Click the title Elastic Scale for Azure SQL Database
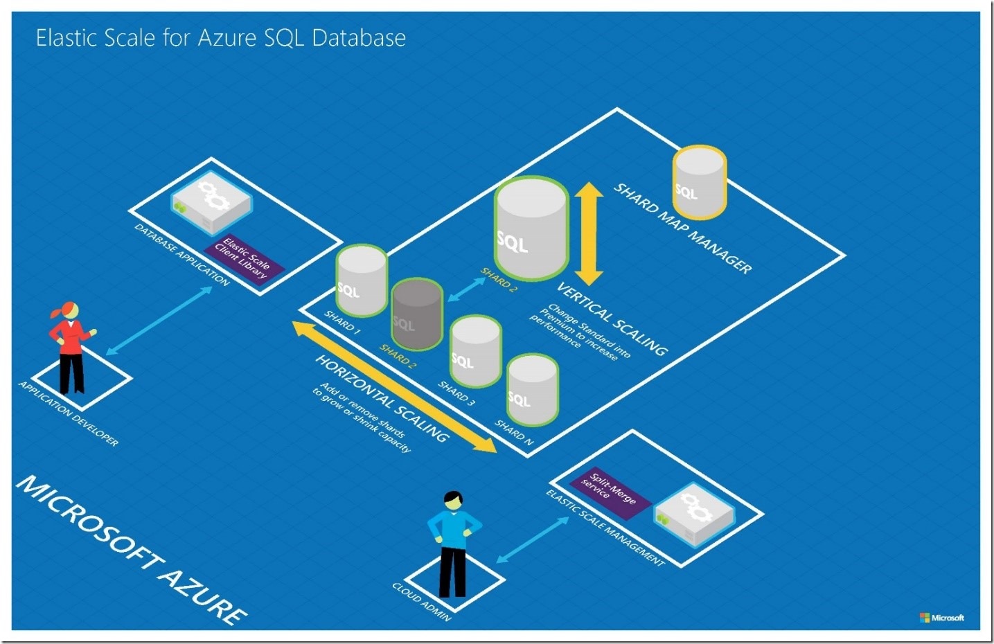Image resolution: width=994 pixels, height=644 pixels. pos(220,37)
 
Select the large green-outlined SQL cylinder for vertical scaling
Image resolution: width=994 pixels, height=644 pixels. pos(531,229)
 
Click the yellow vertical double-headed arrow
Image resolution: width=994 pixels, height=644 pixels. pos(589,233)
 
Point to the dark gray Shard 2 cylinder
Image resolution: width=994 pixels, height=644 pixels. pos(416,315)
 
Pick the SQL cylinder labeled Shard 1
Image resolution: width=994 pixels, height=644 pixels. pos(361,280)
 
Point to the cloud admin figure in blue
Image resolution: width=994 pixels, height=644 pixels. pos(453,544)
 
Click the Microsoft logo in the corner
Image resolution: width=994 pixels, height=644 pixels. pos(941,617)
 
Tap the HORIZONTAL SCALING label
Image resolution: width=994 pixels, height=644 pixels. pos(382,397)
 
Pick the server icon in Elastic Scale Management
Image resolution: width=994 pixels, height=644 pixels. pos(693,513)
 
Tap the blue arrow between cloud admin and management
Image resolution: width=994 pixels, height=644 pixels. pos(533,539)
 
